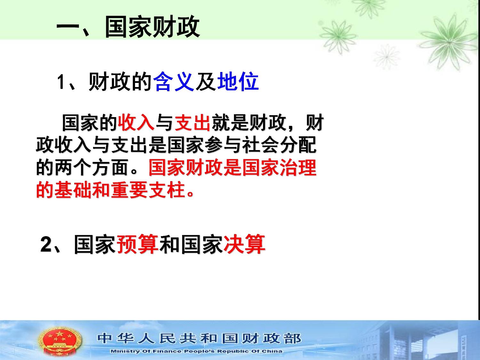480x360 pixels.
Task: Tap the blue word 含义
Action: (174, 82)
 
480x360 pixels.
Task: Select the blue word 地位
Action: (238, 82)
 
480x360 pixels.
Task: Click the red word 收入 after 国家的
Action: (136, 123)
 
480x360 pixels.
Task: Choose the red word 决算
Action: (244, 244)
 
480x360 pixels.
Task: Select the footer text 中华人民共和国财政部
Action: (199, 339)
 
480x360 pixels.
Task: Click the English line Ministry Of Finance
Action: (196, 351)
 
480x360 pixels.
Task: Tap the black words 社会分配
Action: (280, 145)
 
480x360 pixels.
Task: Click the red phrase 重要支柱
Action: (148, 190)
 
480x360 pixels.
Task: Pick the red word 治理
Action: (298, 167)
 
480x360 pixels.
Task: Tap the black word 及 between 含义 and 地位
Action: (205, 82)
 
